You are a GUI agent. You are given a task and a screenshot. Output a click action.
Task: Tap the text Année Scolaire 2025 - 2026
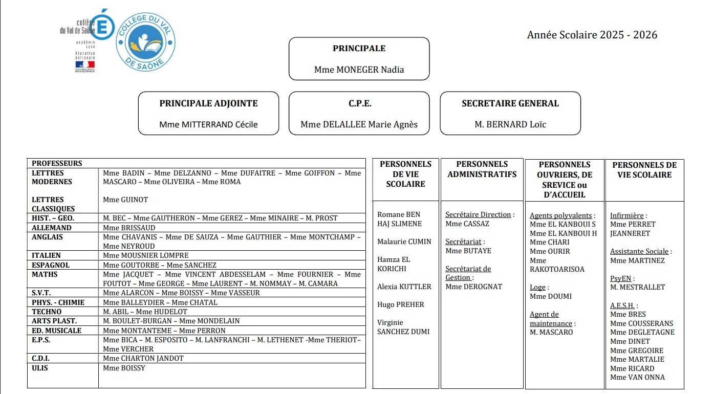tap(592, 35)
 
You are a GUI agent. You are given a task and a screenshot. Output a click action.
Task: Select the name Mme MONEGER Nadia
tap(359, 70)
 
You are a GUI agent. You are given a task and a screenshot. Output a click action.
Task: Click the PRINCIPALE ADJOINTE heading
tap(208, 103)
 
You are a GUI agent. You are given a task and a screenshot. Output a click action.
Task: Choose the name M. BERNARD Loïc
tap(510, 124)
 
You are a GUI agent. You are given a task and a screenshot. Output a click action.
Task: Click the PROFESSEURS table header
tap(57, 163)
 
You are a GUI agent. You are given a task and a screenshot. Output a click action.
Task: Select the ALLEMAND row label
tap(51, 228)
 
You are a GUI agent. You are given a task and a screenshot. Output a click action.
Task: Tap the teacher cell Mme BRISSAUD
tap(129, 228)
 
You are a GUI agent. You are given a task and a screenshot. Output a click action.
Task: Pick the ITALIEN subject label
tap(46, 255)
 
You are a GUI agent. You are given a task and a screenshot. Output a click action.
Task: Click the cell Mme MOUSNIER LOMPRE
tap(145, 255)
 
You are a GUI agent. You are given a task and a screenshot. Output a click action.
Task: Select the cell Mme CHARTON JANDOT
tap(143, 358)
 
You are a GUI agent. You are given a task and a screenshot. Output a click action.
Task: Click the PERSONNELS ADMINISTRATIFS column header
tap(482, 169)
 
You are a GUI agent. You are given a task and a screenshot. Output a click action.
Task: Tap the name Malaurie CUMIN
tap(404, 242)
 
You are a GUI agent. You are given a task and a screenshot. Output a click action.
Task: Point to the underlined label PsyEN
tap(621, 278)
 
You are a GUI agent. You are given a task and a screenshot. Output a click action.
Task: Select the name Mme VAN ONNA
tap(637, 377)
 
